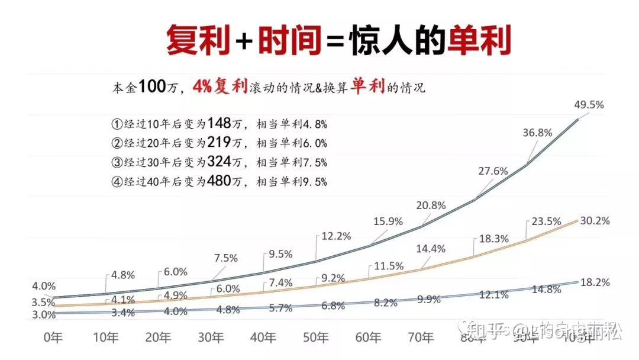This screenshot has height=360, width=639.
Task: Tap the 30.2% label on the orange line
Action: point(595,220)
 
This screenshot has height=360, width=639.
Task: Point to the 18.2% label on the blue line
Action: point(595,282)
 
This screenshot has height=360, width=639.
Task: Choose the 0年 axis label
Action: point(54,337)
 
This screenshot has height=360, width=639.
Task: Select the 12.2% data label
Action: point(336,236)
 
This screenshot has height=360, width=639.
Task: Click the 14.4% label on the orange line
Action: point(431,249)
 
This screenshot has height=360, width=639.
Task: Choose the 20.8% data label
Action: point(431,205)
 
